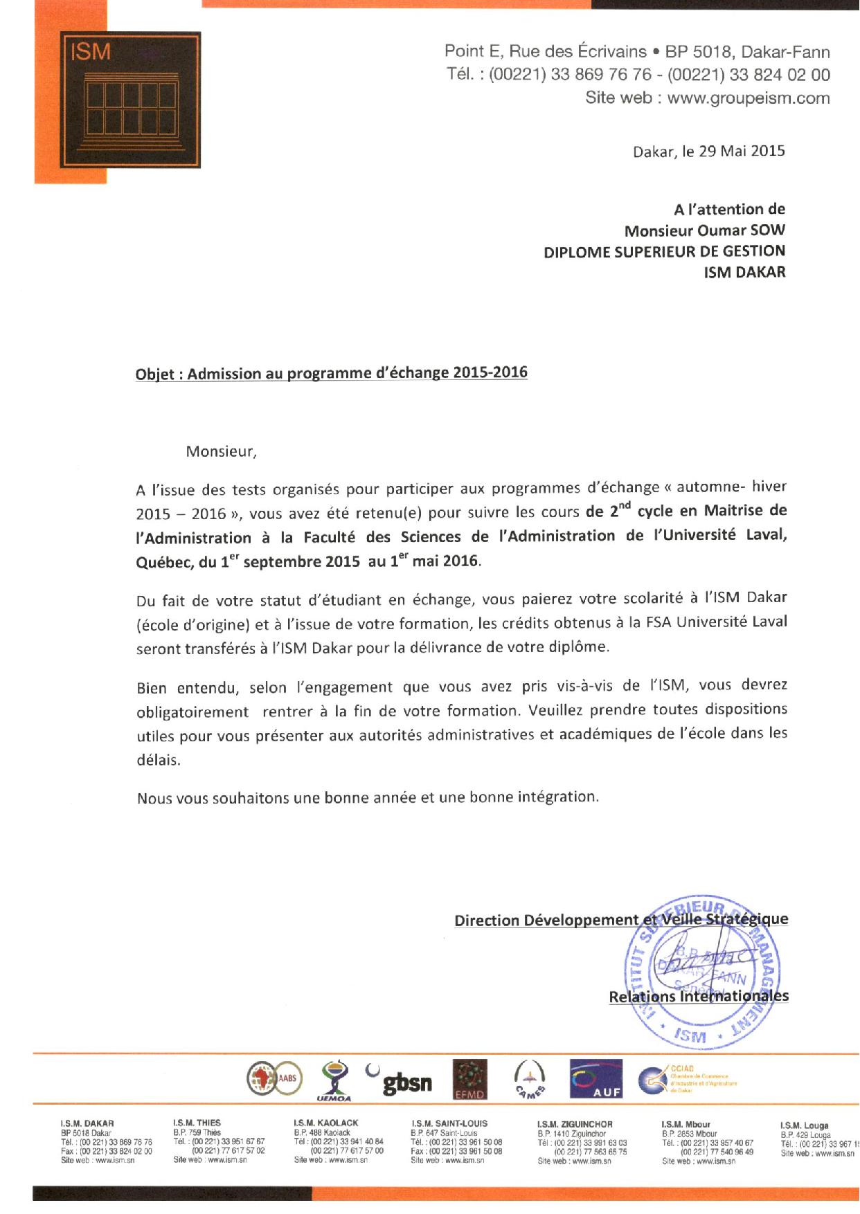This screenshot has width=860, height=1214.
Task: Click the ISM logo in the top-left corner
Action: [x=118, y=101]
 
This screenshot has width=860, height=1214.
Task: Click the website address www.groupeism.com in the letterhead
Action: [x=749, y=98]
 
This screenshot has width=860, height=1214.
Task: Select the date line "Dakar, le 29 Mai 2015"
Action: [x=709, y=151]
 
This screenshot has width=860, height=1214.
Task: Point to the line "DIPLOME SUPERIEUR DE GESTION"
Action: [x=664, y=251]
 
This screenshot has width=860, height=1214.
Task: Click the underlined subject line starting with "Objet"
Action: [x=331, y=374]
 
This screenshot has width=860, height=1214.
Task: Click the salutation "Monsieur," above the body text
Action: [x=221, y=453]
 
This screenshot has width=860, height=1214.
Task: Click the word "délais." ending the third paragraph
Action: [x=159, y=759]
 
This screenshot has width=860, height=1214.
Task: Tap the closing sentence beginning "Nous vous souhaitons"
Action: [x=367, y=797]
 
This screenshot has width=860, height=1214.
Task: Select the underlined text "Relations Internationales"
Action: [x=698, y=997]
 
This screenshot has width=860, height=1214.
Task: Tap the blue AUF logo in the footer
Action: [x=596, y=1079]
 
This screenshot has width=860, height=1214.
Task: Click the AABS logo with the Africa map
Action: [x=273, y=1080]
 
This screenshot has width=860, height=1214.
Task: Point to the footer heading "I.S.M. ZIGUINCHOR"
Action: [x=575, y=1124]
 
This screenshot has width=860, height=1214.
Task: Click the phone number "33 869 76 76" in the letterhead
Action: [x=602, y=75]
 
